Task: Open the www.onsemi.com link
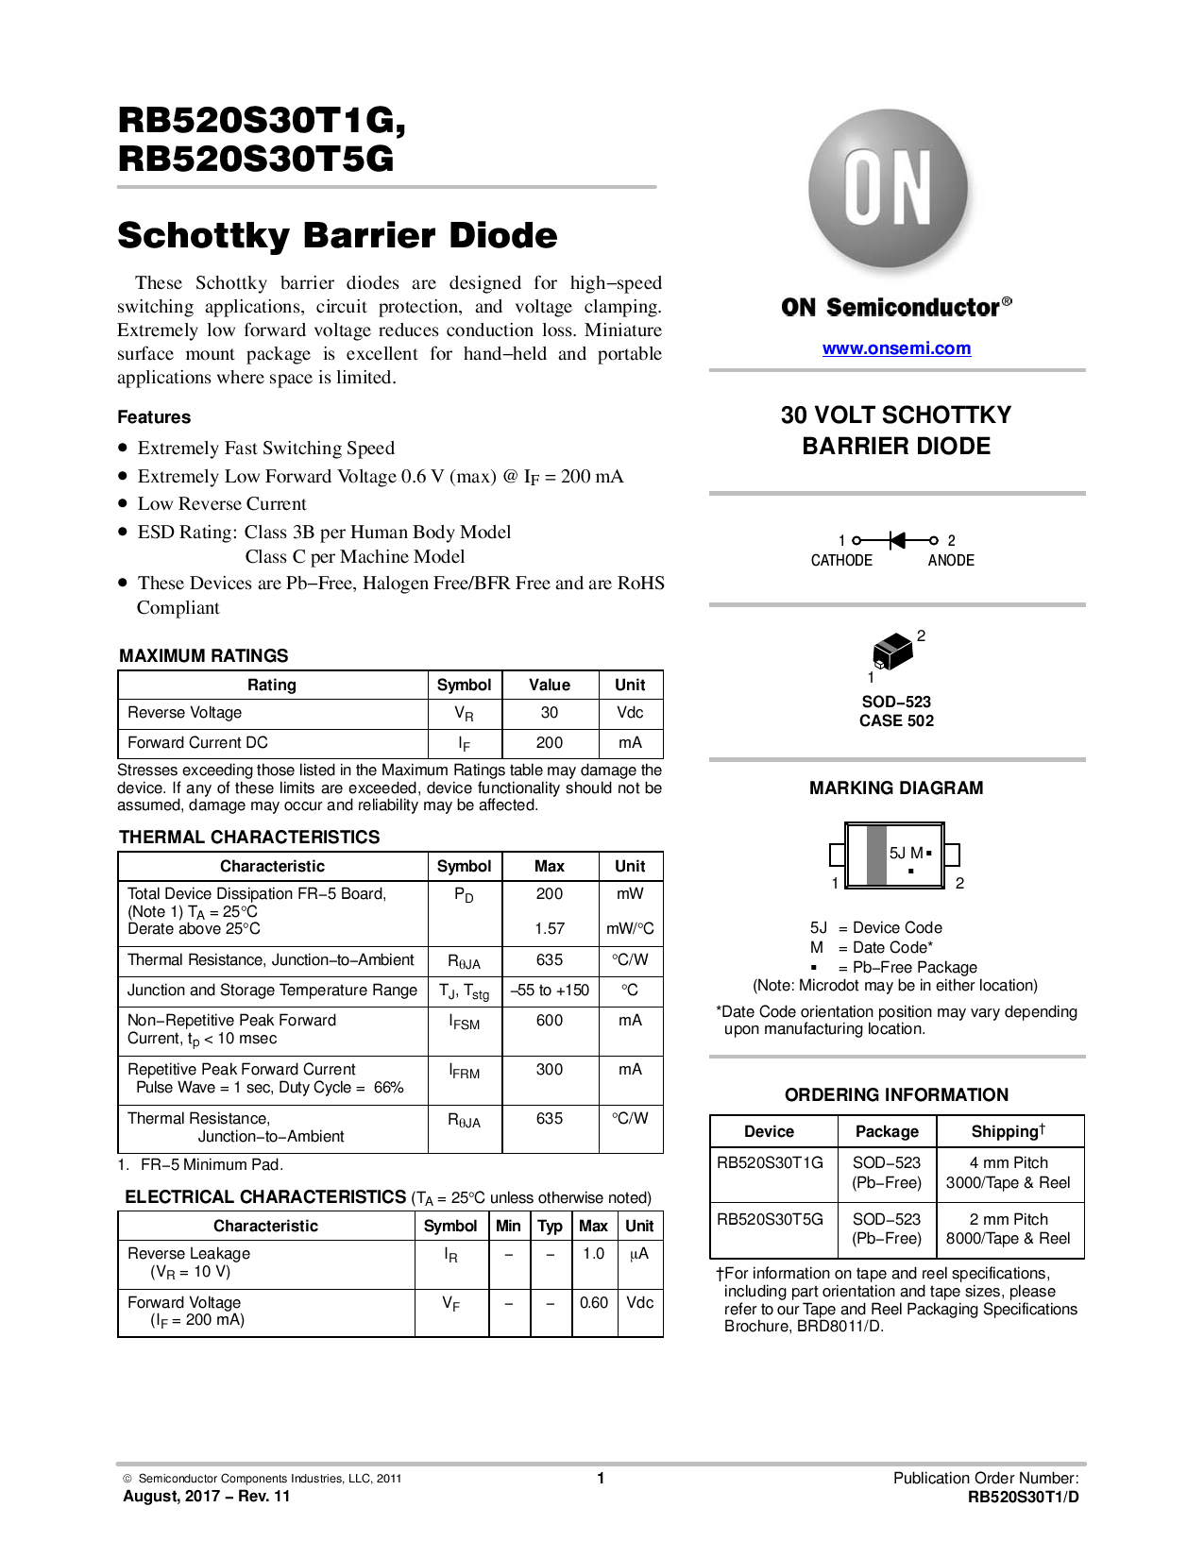click(x=896, y=348)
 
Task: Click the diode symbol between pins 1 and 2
click(x=897, y=540)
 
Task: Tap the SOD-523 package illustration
click(x=892, y=652)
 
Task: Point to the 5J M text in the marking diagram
click(x=907, y=853)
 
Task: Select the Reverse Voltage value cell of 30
click(x=550, y=713)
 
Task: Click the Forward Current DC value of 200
click(x=550, y=743)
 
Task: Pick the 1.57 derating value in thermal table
click(x=550, y=929)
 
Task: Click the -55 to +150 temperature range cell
click(x=550, y=991)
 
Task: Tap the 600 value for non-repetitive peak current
click(x=550, y=1021)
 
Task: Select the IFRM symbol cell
click(x=465, y=1072)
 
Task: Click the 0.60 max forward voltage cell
click(x=594, y=1303)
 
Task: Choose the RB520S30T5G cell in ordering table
click(x=771, y=1219)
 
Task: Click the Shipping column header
click(x=1009, y=1131)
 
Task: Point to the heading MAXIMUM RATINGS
click(x=204, y=656)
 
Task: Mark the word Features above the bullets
click(x=154, y=417)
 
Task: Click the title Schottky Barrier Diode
click(x=337, y=235)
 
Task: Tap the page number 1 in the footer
click(x=601, y=1479)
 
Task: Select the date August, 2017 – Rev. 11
click(x=207, y=1497)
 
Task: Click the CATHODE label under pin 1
click(x=841, y=561)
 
